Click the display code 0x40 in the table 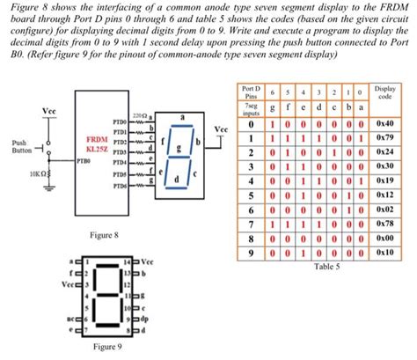point(384,125)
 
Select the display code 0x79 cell point(384,138)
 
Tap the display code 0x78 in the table point(384,224)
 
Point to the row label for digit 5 point(252,195)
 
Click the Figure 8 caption point(122,234)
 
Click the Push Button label point(19,145)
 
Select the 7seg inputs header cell point(251,109)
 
